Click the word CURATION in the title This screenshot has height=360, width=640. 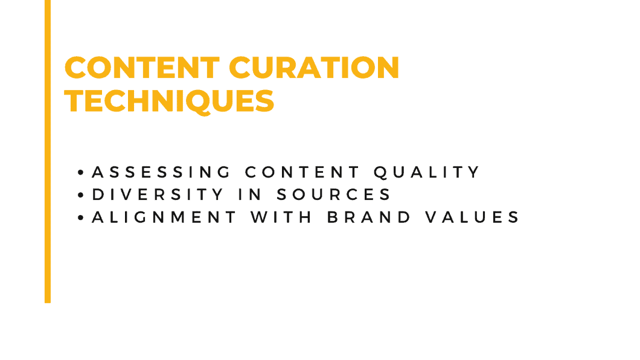316,68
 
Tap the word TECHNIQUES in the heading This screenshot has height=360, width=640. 170,101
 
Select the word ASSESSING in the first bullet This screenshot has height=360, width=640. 161,172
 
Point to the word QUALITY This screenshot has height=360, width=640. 427,172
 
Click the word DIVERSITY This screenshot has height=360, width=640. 158,194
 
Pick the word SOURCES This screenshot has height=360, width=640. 334,194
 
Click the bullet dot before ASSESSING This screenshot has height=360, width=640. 82,173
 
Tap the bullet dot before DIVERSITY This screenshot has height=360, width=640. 82,196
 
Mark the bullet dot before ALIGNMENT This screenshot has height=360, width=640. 82,218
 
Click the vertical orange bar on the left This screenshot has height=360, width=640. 48,151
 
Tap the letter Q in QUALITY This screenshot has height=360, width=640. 380,172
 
